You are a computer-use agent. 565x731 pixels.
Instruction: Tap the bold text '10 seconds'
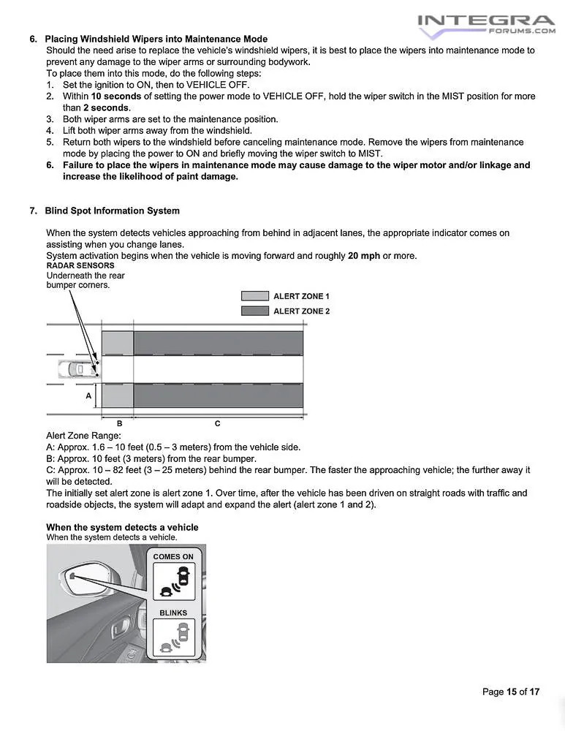click(116, 96)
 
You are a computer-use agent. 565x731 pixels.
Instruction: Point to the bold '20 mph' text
click(364, 256)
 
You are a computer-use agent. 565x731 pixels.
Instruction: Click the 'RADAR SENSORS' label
click(80, 266)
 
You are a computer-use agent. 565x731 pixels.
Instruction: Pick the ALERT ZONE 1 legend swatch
click(254, 296)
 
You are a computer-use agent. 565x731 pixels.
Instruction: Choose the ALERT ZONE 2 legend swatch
click(254, 311)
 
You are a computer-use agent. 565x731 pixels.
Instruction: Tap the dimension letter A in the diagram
click(88, 395)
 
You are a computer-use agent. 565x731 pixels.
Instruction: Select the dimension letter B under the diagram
click(119, 423)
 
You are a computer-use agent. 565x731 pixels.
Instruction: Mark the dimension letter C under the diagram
click(217, 423)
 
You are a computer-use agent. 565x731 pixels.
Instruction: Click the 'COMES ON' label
click(173, 557)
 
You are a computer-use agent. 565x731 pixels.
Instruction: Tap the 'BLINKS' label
click(173, 613)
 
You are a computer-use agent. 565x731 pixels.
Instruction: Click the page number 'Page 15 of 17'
click(510, 692)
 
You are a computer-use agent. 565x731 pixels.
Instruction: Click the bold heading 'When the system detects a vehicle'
click(122, 527)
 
